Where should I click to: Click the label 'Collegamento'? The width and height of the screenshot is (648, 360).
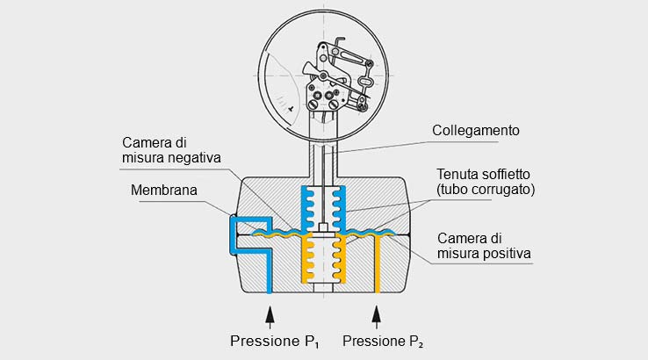[x=476, y=130]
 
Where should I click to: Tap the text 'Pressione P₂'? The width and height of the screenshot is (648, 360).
[x=383, y=340]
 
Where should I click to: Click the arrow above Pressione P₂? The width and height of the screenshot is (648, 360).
[x=377, y=313]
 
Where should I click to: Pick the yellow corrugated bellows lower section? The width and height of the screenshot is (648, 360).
[x=323, y=259]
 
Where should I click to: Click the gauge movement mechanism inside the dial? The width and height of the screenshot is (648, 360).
[x=338, y=79]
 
